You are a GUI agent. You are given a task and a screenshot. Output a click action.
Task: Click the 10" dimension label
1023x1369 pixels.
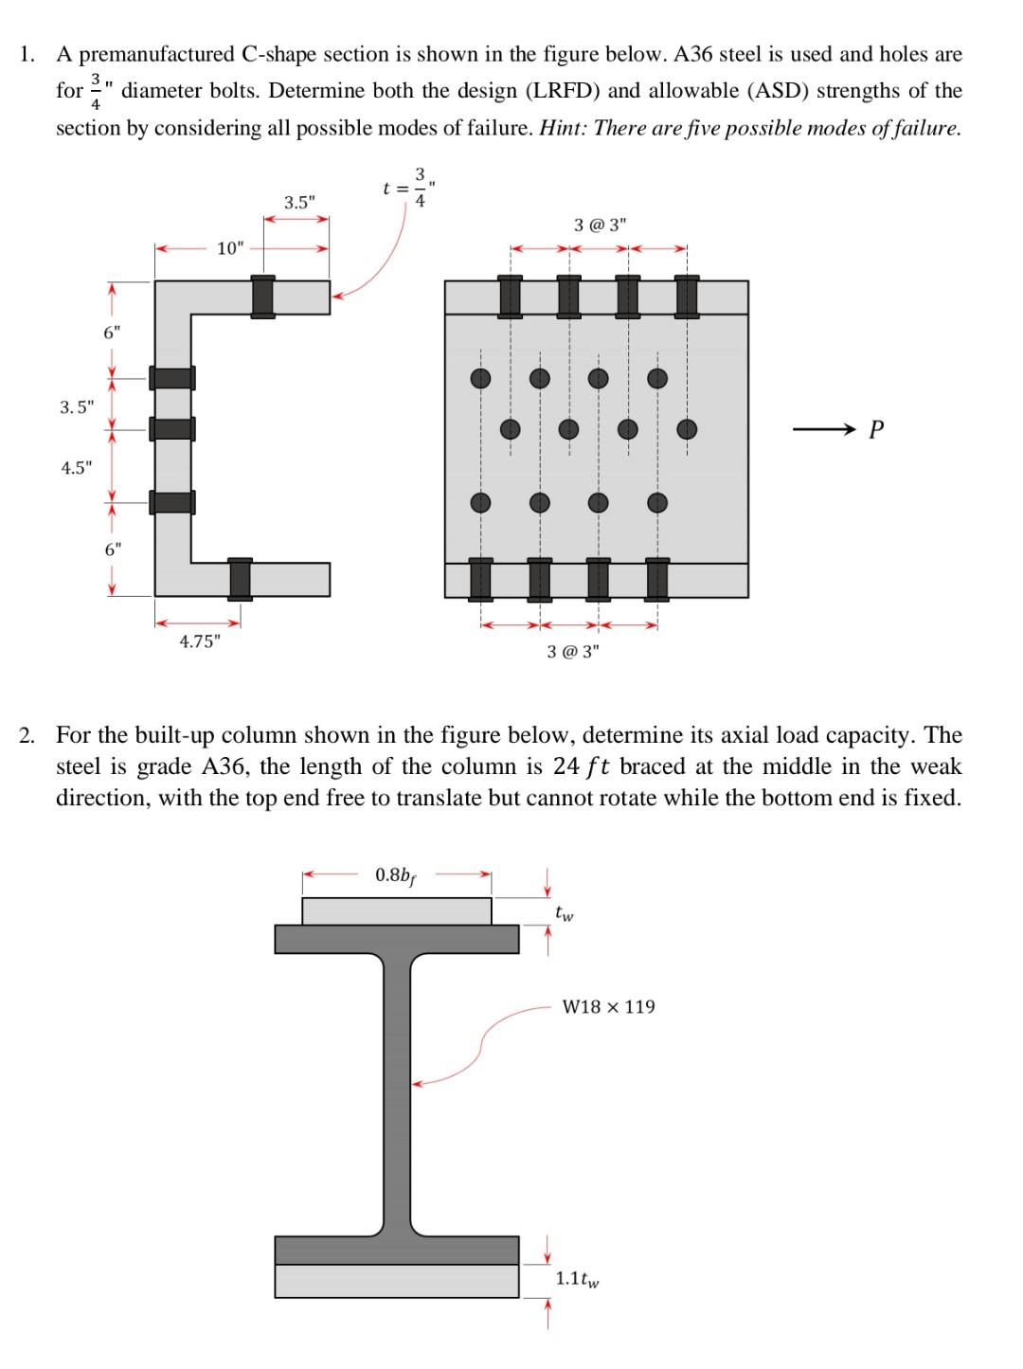pos(229,249)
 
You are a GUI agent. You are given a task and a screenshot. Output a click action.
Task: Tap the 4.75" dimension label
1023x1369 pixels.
pos(199,641)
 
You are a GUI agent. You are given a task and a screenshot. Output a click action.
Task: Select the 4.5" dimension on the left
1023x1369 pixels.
pos(77,468)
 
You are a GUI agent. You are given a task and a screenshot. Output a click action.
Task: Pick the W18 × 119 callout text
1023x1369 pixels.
pos(608,1006)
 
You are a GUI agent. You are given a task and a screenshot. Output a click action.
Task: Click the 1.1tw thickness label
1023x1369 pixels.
pos(576,1278)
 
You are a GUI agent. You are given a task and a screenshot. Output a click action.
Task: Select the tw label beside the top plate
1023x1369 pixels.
pos(564,913)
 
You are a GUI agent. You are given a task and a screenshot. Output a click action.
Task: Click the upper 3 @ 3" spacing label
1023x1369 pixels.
pos(600,225)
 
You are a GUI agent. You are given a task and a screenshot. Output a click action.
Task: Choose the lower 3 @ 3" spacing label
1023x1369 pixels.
pos(573,652)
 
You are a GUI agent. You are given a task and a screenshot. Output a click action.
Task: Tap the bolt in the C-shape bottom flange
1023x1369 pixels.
pos(241,579)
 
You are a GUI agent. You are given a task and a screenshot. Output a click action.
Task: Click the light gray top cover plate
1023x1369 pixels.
pos(396,910)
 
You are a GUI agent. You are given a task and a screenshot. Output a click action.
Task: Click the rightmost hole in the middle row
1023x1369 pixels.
pos(688,429)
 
